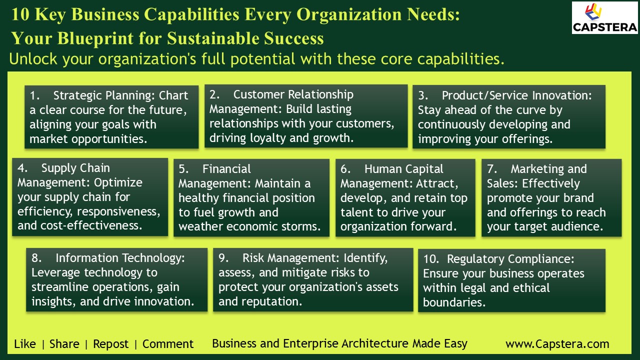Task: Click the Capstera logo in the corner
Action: coord(604,17)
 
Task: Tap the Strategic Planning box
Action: coord(111,117)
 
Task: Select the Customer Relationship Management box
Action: coord(306,116)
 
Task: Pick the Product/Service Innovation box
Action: coord(508,117)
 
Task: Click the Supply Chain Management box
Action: coord(90,197)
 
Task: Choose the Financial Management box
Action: coord(251,197)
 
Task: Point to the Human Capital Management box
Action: coord(405,197)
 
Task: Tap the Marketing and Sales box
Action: coord(551,197)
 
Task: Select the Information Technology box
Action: coord(116,279)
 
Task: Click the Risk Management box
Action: coord(313,279)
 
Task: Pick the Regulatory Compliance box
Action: coord(511,280)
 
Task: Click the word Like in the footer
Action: coord(25,344)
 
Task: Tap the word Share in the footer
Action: coord(64,344)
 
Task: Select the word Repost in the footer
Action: coord(111,344)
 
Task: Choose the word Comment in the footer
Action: coord(168,344)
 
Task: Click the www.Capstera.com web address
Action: coord(557,344)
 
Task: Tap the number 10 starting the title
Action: coord(20,14)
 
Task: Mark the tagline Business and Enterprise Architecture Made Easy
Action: coord(339,343)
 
